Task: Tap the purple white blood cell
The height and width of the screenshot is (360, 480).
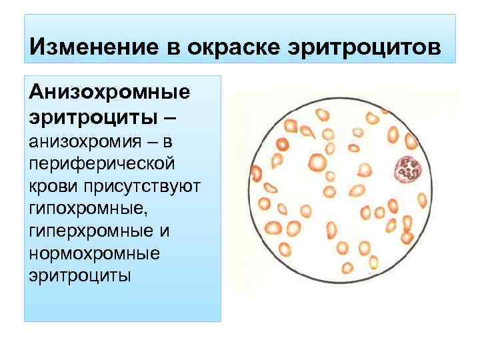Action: click(x=406, y=170)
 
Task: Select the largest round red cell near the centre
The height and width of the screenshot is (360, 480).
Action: click(x=317, y=162)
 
